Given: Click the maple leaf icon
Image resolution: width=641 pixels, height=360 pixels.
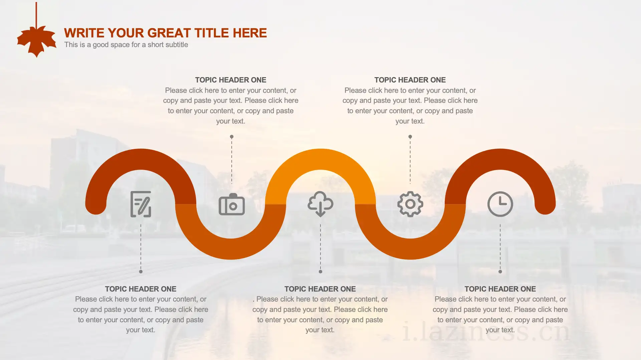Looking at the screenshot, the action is [x=37, y=41].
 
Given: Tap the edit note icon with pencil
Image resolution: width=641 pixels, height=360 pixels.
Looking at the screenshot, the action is [x=141, y=204].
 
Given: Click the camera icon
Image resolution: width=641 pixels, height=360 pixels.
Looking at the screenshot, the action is [x=232, y=204].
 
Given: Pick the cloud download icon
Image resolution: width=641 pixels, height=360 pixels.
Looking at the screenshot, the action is [x=320, y=204].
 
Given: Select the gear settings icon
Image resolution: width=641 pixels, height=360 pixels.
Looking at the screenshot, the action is [x=410, y=204].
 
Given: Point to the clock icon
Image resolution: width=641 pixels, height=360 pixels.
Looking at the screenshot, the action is [x=500, y=204].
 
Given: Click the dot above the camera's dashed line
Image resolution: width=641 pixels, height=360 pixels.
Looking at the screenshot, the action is [x=232, y=137].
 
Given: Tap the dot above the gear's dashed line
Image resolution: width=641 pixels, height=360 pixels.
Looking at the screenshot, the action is [x=410, y=137].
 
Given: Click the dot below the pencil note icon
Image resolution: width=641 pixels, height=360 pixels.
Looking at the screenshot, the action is [x=141, y=272].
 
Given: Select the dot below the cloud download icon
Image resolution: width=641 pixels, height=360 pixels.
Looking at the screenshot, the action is [x=320, y=272].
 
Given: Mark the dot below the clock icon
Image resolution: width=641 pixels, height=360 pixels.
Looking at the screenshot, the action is [x=500, y=272].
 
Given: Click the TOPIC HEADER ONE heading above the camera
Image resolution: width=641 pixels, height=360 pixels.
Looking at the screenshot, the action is [x=231, y=80].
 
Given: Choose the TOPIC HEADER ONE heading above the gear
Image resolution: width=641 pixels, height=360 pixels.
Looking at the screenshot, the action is [x=410, y=80].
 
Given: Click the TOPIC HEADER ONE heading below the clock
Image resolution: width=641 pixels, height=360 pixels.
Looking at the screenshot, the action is [x=500, y=289].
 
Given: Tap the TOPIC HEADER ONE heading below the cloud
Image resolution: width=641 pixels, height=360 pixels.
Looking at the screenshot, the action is [x=320, y=289].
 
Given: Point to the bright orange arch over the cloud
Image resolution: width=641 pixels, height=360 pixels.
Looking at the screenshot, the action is [x=320, y=159].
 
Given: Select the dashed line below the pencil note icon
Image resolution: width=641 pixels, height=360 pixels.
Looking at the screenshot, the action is [x=141, y=247].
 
